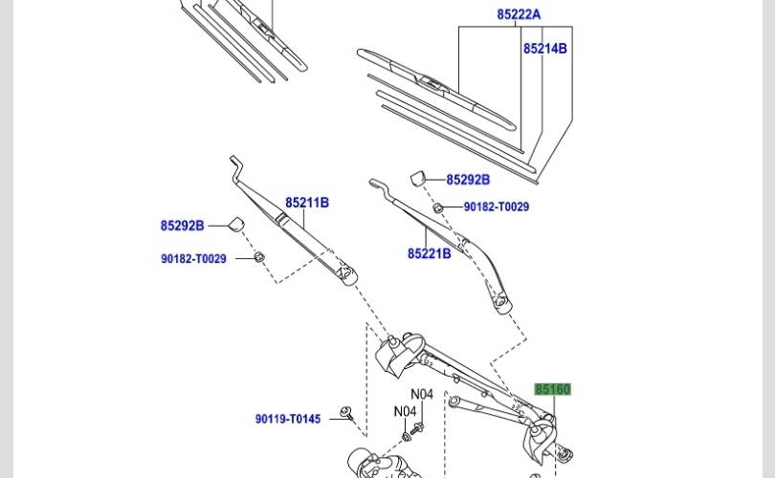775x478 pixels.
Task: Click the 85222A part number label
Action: [519, 14]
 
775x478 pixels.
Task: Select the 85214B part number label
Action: [545, 49]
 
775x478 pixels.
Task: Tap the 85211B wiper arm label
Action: [307, 203]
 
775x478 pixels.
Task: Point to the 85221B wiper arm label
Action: [429, 253]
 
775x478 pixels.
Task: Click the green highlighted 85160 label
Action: [553, 389]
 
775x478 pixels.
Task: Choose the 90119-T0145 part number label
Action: [288, 419]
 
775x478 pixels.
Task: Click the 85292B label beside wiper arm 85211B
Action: [182, 226]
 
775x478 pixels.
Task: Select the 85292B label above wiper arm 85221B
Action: [468, 180]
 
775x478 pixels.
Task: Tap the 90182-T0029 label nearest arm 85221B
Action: [497, 206]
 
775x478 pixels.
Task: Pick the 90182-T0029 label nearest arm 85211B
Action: [193, 259]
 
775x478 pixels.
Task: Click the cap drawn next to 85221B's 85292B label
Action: [418, 178]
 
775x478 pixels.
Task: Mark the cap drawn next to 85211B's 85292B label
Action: [236, 224]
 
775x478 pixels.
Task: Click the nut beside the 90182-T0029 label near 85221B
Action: [437, 207]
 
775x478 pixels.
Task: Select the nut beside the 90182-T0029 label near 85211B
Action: [259, 256]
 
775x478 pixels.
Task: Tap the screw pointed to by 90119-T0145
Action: [346, 413]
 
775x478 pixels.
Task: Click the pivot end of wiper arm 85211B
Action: [347, 274]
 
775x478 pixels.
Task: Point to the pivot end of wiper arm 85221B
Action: [500, 301]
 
